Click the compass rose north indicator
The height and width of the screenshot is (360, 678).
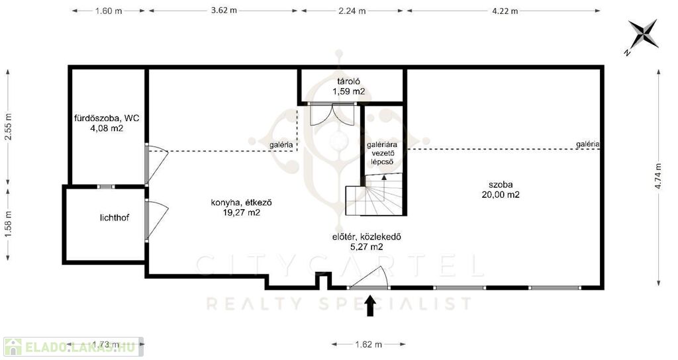coord(643,36)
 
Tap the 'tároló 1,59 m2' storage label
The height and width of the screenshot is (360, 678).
coord(348,86)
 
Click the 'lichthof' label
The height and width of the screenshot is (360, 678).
coord(114,218)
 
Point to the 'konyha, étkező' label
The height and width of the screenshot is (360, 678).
coord(241,202)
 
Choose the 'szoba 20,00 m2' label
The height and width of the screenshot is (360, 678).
coord(501,190)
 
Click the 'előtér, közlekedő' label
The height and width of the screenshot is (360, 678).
coord(367,237)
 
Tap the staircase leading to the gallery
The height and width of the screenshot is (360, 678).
coord(374,194)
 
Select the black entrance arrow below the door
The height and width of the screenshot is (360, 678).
coord(370,306)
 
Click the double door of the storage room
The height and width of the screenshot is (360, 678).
coord(333,114)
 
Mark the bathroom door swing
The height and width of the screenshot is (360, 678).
coord(156,163)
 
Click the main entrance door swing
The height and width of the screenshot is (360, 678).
coord(369,277)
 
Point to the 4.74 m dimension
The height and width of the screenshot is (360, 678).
coord(658,176)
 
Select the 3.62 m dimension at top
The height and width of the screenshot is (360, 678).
coord(224,11)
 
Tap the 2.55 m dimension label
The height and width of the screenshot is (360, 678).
coord(8,126)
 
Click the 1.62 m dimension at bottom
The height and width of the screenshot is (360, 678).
coord(368,344)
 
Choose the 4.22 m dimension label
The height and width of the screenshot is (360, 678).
coord(505,11)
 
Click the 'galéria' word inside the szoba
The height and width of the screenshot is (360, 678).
coord(588,144)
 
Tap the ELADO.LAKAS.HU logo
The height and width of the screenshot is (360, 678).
coord(73,347)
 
